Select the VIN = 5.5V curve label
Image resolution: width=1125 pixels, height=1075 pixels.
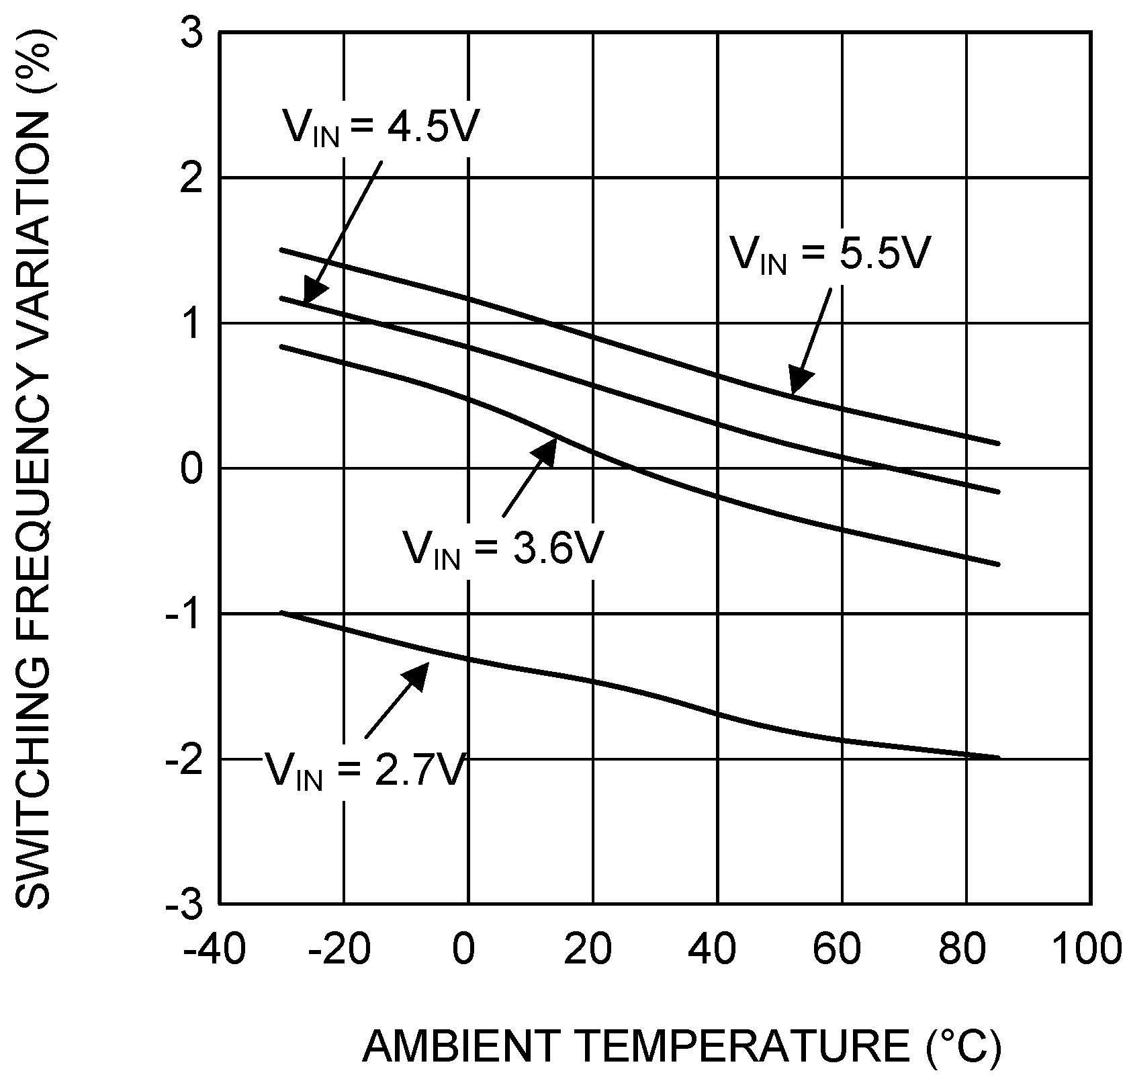pyautogui.click(x=830, y=255)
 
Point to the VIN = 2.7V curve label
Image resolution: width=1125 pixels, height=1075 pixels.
pyautogui.click(x=365, y=769)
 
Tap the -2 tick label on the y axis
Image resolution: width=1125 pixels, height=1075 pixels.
pyautogui.click(x=184, y=760)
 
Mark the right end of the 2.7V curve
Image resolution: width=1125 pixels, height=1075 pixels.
pyautogui.click(x=998, y=757)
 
